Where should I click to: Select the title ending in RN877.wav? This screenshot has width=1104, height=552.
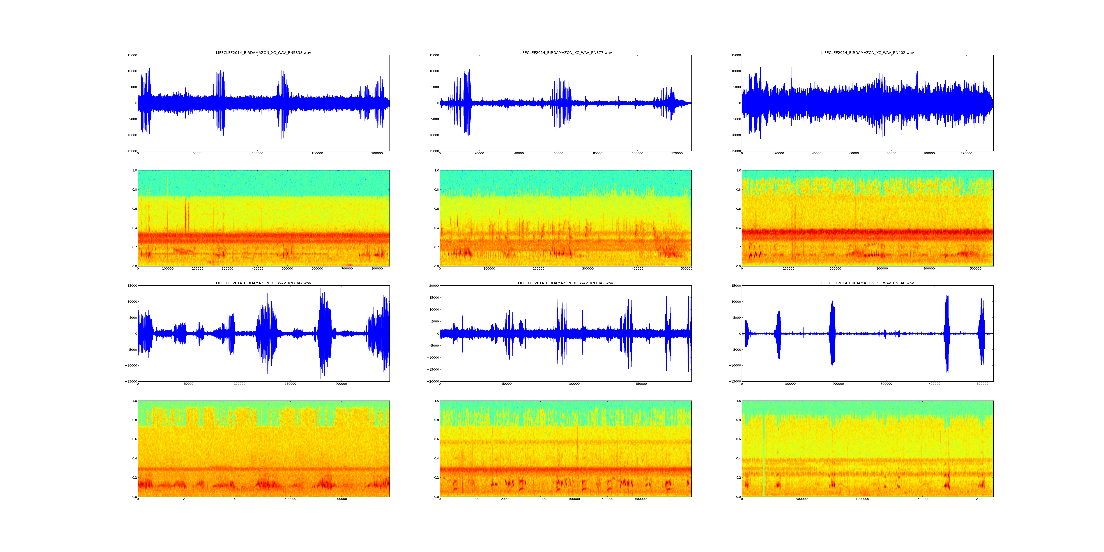pos(565,53)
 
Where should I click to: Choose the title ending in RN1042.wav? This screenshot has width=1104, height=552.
pos(565,283)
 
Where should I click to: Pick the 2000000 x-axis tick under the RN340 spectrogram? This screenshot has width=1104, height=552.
pos(982,499)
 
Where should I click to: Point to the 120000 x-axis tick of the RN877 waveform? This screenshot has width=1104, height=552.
pos(677,153)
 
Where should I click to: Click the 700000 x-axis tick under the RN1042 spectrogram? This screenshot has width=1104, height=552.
pos(675,499)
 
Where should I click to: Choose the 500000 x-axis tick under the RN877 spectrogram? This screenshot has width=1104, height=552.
pos(687,269)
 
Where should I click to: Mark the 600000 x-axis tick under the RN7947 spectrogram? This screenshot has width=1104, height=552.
pos(290,499)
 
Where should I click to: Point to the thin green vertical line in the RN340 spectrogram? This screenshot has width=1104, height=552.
pos(764,450)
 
